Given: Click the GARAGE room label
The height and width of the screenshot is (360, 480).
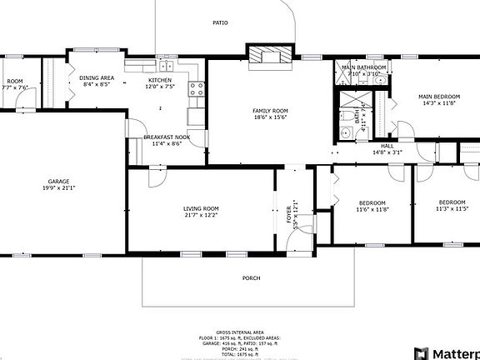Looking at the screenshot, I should click(x=58, y=181).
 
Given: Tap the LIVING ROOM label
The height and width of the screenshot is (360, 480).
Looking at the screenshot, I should click(x=201, y=208).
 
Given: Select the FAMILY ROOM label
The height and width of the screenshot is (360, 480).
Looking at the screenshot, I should click(x=270, y=111).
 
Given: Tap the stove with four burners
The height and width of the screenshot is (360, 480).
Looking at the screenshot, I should click(x=197, y=89).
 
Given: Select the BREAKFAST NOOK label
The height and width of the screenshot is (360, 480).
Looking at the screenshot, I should click(x=167, y=137).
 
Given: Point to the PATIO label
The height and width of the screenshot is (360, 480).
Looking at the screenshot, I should click(x=220, y=23).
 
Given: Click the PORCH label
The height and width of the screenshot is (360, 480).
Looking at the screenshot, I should click(x=251, y=277).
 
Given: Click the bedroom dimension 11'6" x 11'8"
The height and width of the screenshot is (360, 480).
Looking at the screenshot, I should click(x=372, y=210).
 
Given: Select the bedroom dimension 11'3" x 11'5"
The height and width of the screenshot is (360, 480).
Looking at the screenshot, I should click(x=452, y=209).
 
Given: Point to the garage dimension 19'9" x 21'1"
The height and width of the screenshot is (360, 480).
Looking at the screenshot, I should click(x=58, y=187).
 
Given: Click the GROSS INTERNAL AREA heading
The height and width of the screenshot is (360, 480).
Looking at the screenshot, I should click(x=239, y=332).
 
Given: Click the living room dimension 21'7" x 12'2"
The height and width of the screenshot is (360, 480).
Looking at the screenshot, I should click(x=201, y=215).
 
